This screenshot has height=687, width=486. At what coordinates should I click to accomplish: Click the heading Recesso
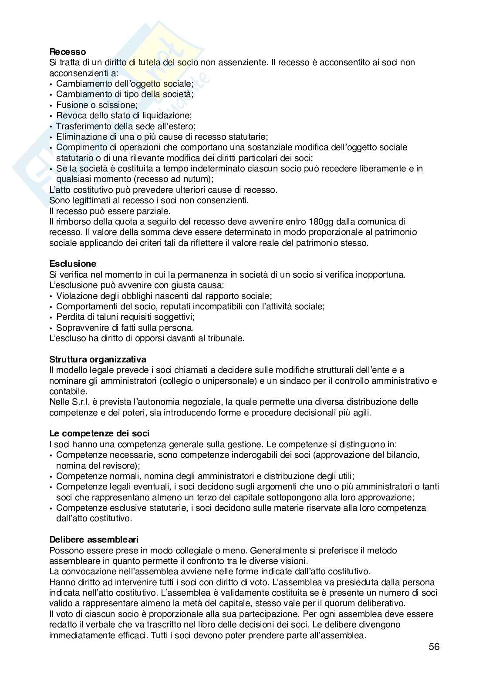point(67,52)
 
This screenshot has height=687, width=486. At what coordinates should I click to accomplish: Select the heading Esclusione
point(73,264)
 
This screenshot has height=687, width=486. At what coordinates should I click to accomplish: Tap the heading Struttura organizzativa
point(98,359)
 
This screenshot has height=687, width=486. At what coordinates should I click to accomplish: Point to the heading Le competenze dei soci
point(99,433)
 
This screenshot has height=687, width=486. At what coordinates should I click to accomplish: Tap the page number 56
point(434,647)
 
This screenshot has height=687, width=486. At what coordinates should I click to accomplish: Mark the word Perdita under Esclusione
point(69,317)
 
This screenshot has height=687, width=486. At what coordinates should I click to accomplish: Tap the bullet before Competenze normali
point(52,476)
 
